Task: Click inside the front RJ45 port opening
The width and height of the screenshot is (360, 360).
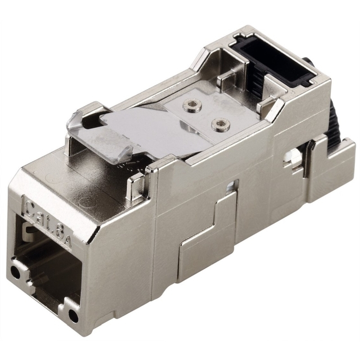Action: click(x=49, y=262)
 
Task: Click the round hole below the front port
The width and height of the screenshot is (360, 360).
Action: click(x=73, y=315)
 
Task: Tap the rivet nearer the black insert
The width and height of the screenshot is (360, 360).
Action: click(x=192, y=105)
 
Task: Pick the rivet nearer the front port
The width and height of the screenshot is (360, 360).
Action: click(x=220, y=125)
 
